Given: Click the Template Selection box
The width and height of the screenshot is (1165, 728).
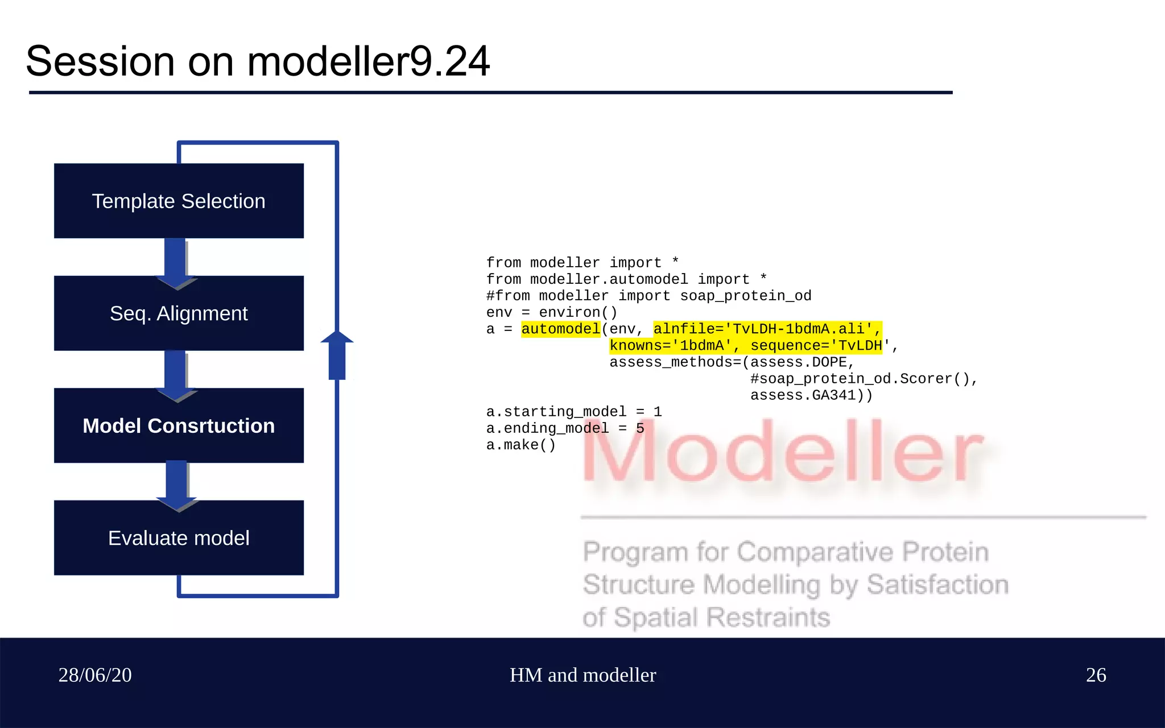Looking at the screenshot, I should click(x=179, y=201).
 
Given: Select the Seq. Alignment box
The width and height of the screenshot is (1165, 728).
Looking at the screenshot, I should click(x=179, y=313).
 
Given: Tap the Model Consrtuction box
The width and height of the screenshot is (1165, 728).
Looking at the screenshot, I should click(x=179, y=425).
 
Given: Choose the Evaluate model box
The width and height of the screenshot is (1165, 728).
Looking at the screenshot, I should click(x=179, y=537).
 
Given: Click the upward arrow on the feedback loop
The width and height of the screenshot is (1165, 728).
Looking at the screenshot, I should click(x=337, y=355).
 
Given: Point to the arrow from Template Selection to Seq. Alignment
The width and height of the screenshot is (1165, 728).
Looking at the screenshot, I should click(x=176, y=263).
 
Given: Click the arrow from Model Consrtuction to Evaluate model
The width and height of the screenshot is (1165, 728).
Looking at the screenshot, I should click(x=177, y=485).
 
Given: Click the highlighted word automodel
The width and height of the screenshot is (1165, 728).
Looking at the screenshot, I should click(x=560, y=329).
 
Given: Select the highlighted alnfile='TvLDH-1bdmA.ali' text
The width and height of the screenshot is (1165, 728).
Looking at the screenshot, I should click(x=766, y=329).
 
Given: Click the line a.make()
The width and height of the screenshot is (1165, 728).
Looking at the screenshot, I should click(x=520, y=445).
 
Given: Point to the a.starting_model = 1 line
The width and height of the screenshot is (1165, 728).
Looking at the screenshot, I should click(x=573, y=411).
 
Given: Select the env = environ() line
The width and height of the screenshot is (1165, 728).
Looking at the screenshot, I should click(x=551, y=312).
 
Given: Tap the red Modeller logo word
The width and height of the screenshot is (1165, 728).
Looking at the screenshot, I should click(x=783, y=452).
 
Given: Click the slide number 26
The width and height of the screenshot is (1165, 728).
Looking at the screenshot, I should click(x=1096, y=675).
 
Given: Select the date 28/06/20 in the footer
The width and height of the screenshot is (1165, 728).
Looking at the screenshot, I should click(x=95, y=675).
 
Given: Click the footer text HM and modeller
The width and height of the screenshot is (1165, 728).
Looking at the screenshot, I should click(x=582, y=675).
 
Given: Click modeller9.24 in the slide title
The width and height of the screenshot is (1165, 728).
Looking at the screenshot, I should click(x=368, y=61).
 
